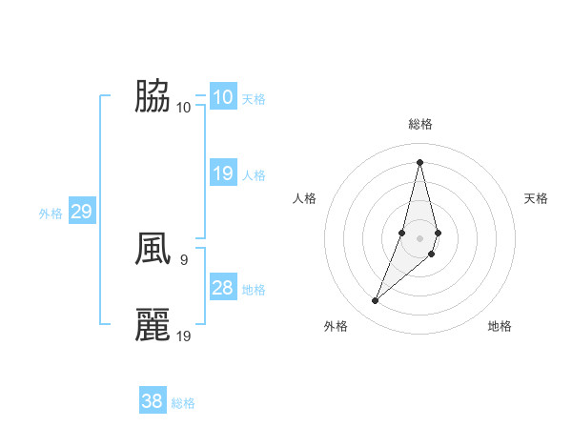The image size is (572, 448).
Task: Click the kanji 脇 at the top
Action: pos(153,96)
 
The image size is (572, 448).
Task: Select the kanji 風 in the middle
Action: pos(153,249)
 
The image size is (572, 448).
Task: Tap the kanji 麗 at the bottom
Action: pos(153,325)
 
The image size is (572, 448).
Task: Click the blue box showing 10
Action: pos(222,97)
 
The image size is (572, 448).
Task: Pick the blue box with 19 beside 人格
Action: pos(222,173)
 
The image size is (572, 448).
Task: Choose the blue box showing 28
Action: pos(222,287)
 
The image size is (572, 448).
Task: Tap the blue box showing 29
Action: pos(81,212)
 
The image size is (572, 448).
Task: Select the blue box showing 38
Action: pos(153,401)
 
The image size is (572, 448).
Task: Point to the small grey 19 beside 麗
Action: pos(185,335)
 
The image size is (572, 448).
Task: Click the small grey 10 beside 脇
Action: pos(184,106)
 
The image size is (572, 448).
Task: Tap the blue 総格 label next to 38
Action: pos(183,403)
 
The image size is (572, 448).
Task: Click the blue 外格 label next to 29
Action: pos(51,214)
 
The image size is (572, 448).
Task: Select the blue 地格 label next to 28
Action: pos(254,290)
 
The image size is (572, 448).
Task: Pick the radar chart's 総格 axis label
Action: pos(419,124)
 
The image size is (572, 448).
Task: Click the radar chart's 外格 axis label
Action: pos(336,326)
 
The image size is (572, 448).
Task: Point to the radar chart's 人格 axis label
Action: pos(304,198)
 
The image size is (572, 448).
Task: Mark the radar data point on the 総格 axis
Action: pos(419,161)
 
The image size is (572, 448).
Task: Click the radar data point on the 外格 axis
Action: pos(376,301)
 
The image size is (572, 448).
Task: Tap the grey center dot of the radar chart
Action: pos(419,237)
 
